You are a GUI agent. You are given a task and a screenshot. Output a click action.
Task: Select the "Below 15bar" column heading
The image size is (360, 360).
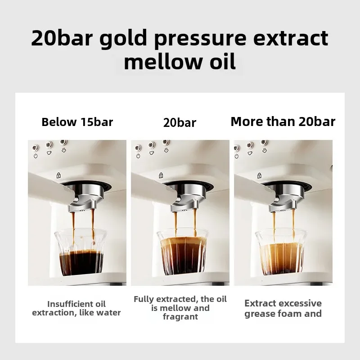point(77,121)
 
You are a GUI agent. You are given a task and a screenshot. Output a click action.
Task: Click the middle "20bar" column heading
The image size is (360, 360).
point(180,122)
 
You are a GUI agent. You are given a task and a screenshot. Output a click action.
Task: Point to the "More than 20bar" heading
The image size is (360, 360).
point(283,121)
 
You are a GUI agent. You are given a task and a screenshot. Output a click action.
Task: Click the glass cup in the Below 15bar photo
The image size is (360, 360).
point(81,252)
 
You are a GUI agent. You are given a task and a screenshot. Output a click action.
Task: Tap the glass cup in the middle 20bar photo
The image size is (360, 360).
point(183,252)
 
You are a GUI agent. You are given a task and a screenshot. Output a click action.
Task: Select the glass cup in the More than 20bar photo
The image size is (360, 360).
point(281,252)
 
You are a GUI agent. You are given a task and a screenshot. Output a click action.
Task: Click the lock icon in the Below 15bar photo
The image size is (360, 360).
point(58,175)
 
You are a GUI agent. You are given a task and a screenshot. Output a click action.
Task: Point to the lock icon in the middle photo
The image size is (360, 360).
point(161,175)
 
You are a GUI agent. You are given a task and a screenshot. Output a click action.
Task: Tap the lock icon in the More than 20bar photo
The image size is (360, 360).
point(259,175)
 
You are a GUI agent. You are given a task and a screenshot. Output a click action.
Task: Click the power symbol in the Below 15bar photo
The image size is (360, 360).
point(36,156)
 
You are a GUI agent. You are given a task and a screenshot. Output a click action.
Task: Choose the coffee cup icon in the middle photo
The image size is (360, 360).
point(152,153)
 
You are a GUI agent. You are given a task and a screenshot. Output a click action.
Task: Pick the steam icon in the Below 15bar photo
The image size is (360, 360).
point(64,150)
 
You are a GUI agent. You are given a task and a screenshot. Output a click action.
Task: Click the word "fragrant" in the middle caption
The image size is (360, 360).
point(180,317)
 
